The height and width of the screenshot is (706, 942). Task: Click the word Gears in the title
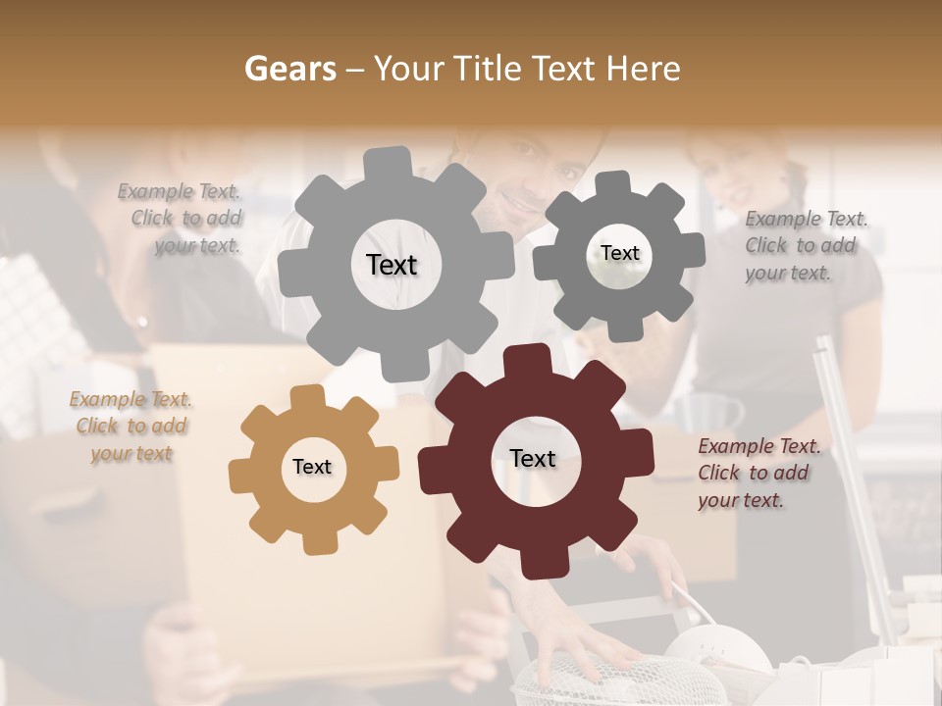tap(290, 69)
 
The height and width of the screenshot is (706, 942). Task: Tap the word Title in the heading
tap(491, 69)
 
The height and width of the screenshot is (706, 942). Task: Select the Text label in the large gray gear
tap(392, 265)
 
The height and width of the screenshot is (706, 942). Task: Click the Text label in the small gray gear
tap(619, 253)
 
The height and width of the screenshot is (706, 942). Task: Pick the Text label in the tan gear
tap(312, 467)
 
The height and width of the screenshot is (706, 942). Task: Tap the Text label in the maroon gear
tap(533, 458)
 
